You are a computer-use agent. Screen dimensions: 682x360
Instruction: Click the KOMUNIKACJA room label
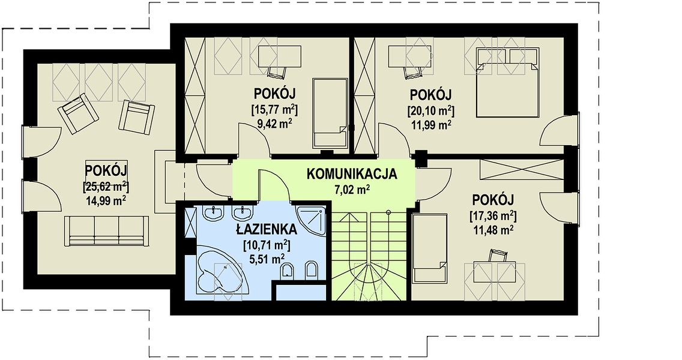[351, 174]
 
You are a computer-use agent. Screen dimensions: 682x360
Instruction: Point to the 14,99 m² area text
[106, 200]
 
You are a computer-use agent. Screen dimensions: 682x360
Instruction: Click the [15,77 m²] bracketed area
[274, 109]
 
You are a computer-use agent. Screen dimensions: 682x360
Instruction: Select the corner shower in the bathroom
[311, 220]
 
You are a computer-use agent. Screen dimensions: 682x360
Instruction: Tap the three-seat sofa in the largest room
[106, 230]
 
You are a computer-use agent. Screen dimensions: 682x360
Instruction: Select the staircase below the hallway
[369, 256]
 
